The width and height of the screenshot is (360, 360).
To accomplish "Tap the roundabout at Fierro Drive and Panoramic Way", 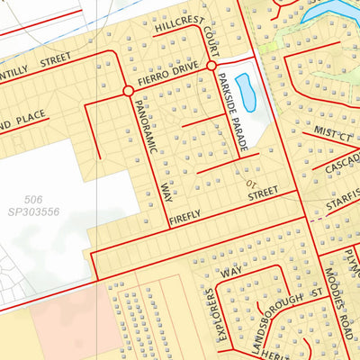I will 128,91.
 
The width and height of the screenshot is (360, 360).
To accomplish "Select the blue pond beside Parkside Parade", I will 245,93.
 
